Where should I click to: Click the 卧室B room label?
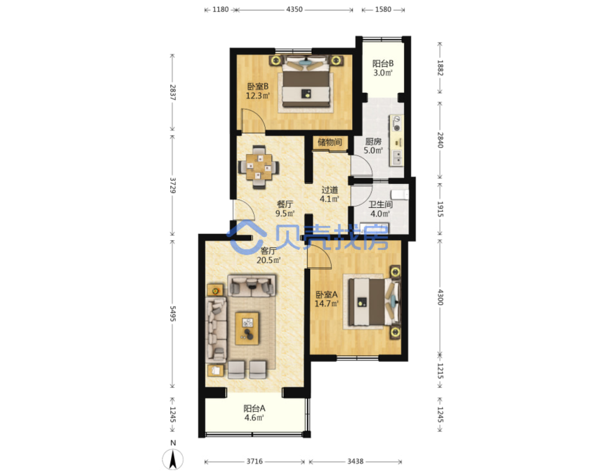pyautogui.click(x=257, y=86)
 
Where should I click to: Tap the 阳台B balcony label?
pyautogui.click(x=383, y=64)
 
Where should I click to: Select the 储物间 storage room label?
pyautogui.click(x=329, y=142)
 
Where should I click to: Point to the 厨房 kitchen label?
pyautogui.click(x=373, y=142)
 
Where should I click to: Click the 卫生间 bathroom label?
pyautogui.click(x=380, y=204)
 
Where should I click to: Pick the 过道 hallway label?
pyautogui.click(x=329, y=190)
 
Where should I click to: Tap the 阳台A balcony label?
pyautogui.click(x=254, y=408)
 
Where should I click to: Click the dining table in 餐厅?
pyautogui.click(x=259, y=167)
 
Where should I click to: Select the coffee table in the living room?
pyautogui.click(x=247, y=329)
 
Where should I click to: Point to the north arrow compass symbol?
pyautogui.click(x=173, y=459)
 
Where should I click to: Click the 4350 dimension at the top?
pyautogui.click(x=294, y=9)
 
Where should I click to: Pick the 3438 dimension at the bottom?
pyautogui.click(x=355, y=461)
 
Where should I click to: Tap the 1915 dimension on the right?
pyautogui.click(x=440, y=209)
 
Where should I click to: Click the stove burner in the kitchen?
pyautogui.click(x=397, y=128)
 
